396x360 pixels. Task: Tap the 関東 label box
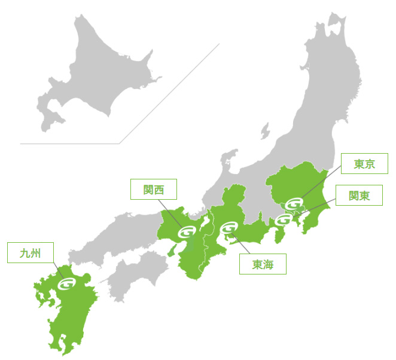360,196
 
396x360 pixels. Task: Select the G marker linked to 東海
229,228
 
